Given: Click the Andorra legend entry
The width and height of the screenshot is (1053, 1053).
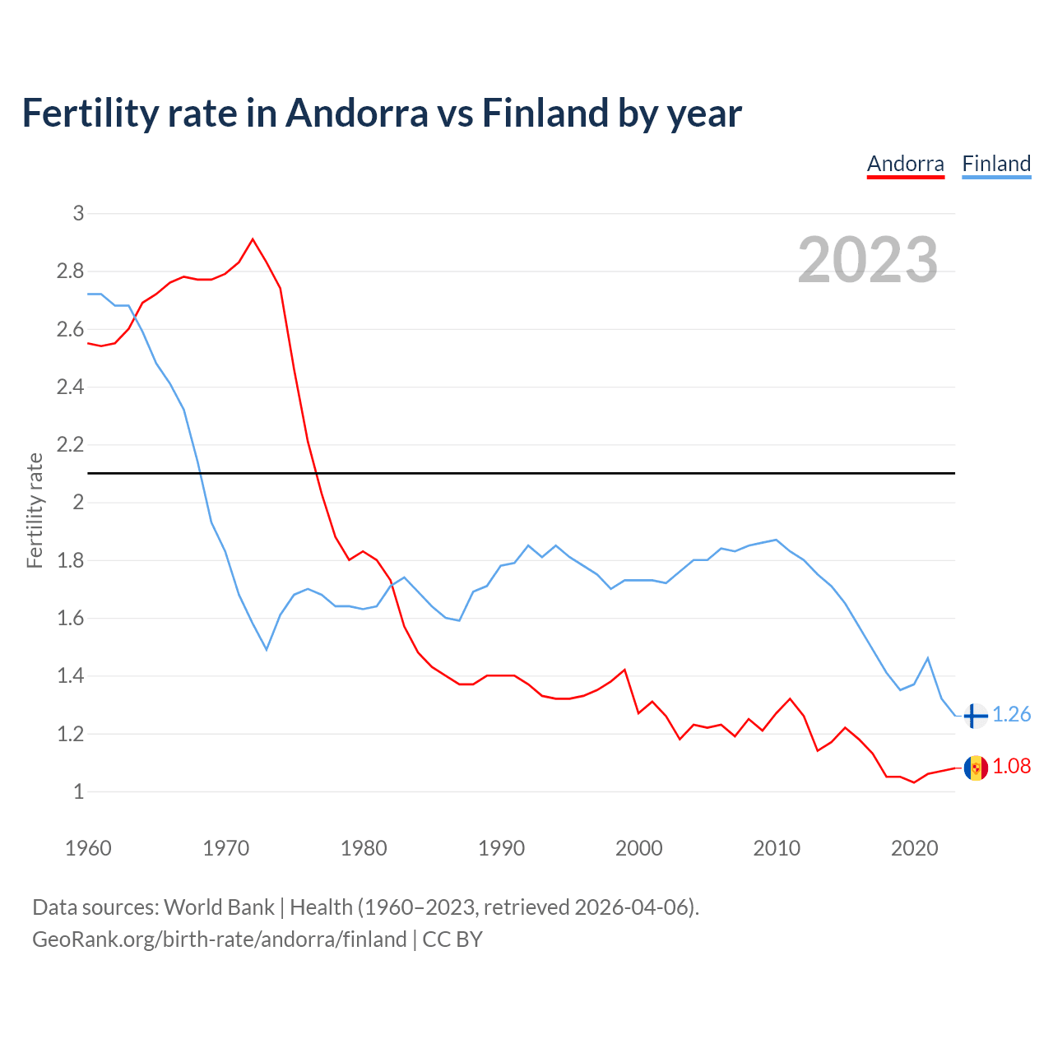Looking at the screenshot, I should pos(905,164).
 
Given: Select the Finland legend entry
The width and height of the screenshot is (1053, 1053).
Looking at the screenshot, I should pos(996,164).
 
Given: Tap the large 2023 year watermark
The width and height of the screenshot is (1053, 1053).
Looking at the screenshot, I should pos(868,260).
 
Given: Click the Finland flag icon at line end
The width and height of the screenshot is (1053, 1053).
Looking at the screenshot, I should pos(976,716).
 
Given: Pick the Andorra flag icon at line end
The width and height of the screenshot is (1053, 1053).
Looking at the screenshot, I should pos(976,768).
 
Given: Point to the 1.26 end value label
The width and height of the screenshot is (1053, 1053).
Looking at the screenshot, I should pos(1011,714).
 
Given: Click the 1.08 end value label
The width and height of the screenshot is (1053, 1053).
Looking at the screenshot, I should pos(1011,766).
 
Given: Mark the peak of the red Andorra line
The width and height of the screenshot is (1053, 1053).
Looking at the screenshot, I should pos(253,239).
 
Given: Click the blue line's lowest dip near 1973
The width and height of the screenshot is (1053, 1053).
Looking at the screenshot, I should pos(267,649).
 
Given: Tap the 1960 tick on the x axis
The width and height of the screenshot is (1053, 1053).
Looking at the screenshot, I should pos(88,848).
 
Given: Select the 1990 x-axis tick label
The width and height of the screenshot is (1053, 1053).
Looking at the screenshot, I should pos(501,848).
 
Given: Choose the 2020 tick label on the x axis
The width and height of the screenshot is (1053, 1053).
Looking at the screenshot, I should pos(914,848).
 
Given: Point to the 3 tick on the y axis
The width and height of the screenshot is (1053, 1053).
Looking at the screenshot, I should pos(79,214).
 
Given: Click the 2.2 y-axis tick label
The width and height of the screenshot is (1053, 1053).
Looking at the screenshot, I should pos(71,445).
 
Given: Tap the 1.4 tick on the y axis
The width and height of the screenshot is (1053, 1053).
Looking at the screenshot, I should pos(71,676).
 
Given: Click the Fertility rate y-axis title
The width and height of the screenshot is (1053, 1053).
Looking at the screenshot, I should pos(35,510).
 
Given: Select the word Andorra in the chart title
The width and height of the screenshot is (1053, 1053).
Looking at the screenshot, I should pos(356,113).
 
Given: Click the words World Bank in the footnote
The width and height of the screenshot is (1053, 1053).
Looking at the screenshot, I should pos(219,907).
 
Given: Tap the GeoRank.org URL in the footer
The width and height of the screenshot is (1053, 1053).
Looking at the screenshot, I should pos(219,939).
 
